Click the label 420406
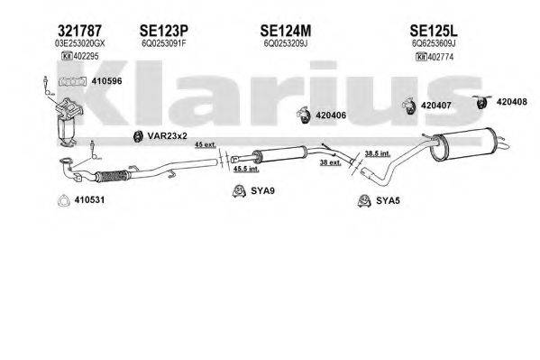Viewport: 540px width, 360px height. pyautogui.click(x=330, y=115)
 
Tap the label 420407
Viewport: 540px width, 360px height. pyautogui.click(x=434, y=104)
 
